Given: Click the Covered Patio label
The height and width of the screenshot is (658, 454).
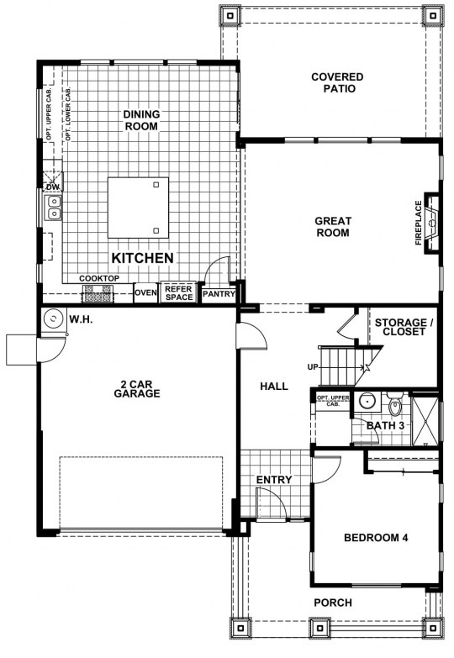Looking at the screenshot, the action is point(337,82).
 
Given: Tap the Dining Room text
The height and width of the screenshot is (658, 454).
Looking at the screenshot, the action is point(141,120).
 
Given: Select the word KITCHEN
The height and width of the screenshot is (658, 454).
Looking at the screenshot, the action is point(142,258).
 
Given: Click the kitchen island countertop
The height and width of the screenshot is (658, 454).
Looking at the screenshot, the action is point(138,208).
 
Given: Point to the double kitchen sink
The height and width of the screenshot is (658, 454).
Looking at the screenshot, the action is point(54,208).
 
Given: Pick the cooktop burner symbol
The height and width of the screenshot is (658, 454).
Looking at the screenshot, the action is point(98,293).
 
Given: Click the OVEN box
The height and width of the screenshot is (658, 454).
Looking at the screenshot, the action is point(145,292).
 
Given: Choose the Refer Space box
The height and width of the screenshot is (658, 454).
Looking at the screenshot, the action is point(178,292).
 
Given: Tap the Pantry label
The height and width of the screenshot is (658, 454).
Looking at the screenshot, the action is point(219,294).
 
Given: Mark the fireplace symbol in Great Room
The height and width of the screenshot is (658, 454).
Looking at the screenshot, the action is point(431,223).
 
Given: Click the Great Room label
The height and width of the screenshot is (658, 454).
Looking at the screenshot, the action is point(333,227).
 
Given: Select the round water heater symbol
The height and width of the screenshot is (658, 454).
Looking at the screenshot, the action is point(54,320).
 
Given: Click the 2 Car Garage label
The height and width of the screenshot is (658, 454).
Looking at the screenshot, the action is point(137,389).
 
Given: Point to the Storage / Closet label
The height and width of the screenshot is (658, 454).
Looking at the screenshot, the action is point(404,327).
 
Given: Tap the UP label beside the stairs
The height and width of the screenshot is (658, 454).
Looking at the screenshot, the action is point(313,367).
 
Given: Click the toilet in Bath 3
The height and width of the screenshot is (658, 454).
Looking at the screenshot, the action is point(395,404).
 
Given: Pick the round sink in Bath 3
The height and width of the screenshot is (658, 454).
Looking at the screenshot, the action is point(367,402).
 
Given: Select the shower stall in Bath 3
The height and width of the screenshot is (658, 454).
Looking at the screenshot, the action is point(425,419).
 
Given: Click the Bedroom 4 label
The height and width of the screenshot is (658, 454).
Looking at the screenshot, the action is point(376,538).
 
